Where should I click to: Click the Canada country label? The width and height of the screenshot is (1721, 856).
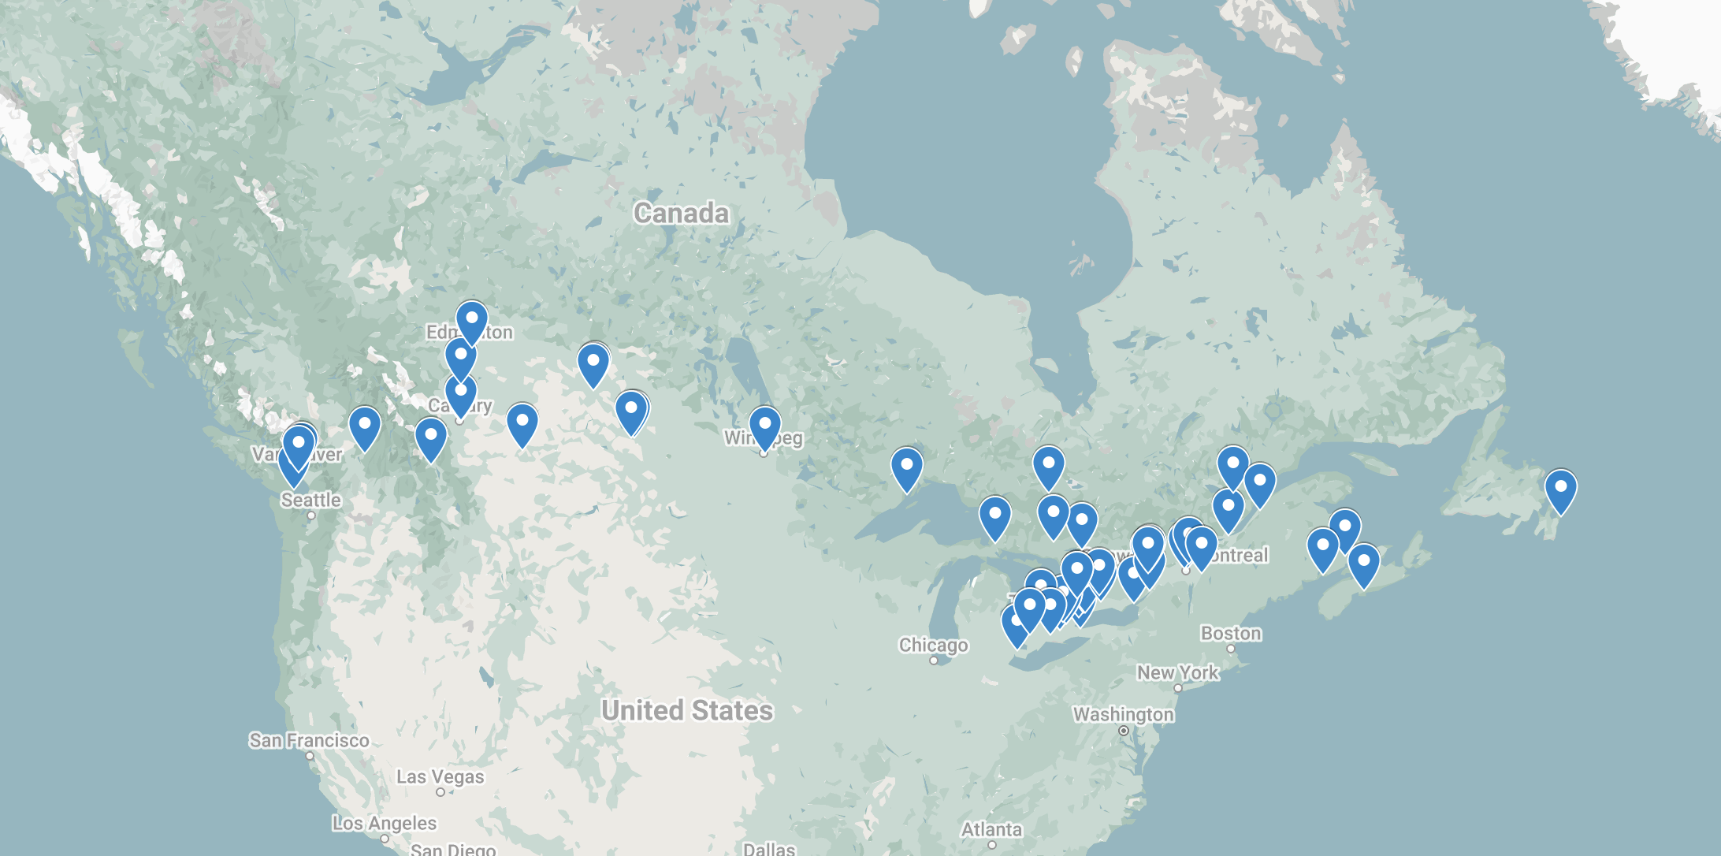[x=682, y=213]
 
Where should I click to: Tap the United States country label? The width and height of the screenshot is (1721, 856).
[x=687, y=710]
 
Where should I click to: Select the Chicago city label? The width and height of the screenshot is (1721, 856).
[x=933, y=645]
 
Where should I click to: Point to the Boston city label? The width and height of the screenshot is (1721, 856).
[x=1231, y=633]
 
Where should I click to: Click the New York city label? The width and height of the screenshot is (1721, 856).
[x=1177, y=672]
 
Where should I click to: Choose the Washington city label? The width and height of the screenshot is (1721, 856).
[x=1123, y=714]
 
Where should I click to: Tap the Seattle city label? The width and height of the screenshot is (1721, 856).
[x=311, y=500]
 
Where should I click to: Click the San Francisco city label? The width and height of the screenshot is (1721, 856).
[x=309, y=740]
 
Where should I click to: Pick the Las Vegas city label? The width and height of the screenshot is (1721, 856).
[x=440, y=776]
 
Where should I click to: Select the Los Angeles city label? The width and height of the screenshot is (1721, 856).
[x=384, y=823]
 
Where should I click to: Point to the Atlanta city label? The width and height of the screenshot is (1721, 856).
[x=991, y=829]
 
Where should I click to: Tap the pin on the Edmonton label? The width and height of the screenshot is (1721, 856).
[x=471, y=321]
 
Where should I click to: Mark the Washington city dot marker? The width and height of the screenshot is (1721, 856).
[x=1124, y=731]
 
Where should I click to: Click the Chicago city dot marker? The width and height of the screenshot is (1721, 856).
[x=934, y=661]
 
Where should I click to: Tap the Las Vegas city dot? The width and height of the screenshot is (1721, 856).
[x=440, y=792]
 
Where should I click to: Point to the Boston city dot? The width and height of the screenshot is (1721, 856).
[x=1231, y=649]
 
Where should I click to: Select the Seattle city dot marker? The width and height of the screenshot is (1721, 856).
[x=311, y=515]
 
